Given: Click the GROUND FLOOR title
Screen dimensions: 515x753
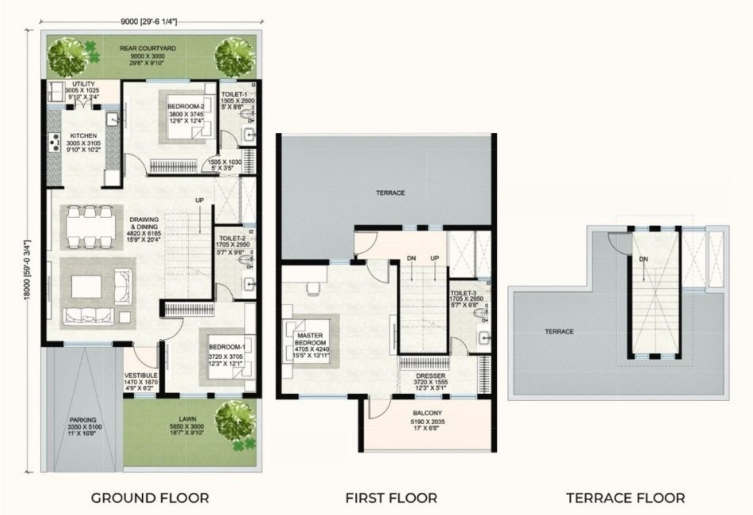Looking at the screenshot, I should [x=150, y=498].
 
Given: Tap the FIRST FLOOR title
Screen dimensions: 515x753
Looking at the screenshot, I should [x=391, y=498].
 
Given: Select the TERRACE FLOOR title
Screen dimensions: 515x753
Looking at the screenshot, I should [x=625, y=498].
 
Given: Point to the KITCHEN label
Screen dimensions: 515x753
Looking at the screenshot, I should [x=83, y=135].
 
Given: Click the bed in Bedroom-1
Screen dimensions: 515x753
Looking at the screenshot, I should [x=224, y=358].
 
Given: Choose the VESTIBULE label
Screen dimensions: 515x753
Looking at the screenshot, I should [x=140, y=376].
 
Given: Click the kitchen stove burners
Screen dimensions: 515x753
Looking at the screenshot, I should [x=55, y=143].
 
